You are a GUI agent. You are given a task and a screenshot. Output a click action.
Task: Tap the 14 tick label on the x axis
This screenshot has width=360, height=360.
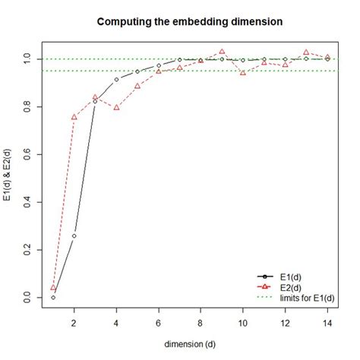327,322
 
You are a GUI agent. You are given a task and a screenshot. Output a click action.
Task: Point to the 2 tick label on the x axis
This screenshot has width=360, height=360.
74,322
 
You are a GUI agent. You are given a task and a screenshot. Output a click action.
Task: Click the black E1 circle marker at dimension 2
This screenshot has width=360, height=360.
74,235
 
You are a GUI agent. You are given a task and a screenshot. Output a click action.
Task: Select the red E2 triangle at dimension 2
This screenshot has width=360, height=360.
74,117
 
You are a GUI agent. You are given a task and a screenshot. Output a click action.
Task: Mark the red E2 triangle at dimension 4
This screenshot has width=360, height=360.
116,107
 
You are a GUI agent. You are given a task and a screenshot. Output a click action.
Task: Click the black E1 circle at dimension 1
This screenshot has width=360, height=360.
53,297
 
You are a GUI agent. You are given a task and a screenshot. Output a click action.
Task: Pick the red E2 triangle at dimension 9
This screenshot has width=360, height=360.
222,52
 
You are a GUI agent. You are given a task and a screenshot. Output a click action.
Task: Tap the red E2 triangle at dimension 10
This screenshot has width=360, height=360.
243,72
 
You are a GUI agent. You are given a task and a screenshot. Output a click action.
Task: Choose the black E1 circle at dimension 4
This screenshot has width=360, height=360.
116,79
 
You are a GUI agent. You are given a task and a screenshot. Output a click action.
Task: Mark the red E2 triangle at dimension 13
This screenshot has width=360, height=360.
306,52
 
